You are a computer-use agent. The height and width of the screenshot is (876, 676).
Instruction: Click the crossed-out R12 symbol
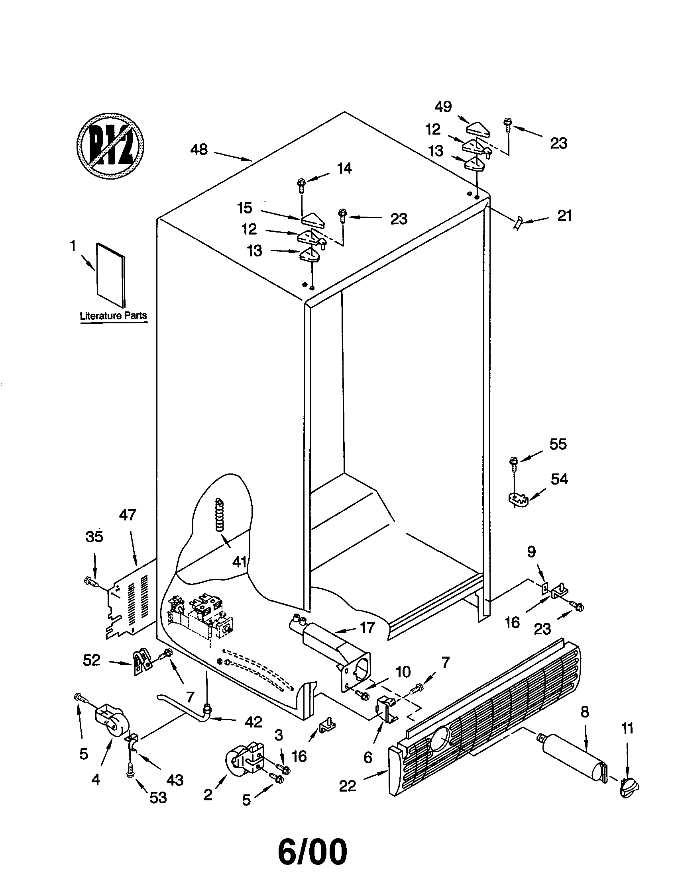(110, 146)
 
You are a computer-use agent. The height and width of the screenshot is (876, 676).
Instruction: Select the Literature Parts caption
(114, 315)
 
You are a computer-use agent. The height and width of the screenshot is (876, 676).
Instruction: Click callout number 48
(199, 150)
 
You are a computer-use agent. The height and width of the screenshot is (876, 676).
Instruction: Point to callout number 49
(443, 107)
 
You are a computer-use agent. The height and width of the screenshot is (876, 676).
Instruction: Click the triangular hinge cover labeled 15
(314, 220)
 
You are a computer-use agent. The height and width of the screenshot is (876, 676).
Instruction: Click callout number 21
(564, 216)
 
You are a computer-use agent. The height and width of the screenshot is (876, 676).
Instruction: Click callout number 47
(128, 514)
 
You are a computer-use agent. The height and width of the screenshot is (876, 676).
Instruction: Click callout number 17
(367, 628)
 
